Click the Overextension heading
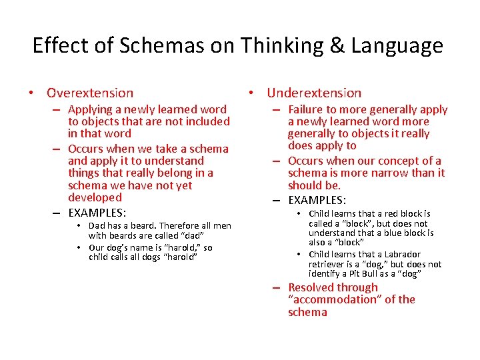(90, 93)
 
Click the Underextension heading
(314, 93)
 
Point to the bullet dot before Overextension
(31, 93)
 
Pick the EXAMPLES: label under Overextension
(97, 213)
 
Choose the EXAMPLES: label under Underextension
(317, 199)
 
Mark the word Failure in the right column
(308, 109)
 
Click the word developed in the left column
(95, 197)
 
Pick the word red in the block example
(391, 214)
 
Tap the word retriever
(327, 264)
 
